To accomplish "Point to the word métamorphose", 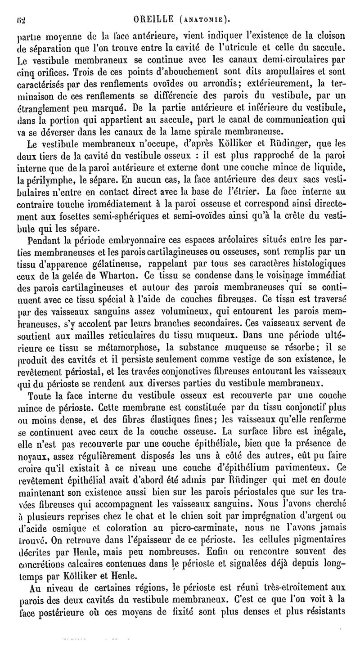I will point(135,346).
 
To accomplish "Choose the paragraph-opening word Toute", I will point(40,395).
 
